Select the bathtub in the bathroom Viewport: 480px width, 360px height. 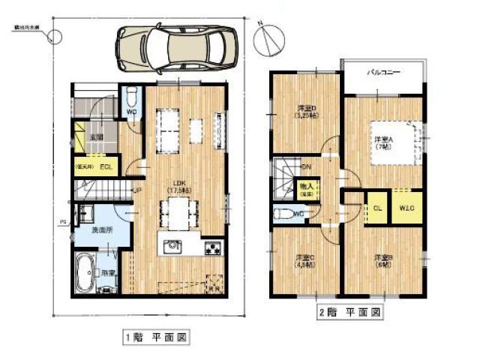(x=85, y=271)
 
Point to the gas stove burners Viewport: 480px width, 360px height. (x=212, y=246)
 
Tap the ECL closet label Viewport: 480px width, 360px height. (x=106, y=166)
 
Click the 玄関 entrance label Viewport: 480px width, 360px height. (x=97, y=137)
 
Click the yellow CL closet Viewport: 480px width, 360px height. (x=377, y=208)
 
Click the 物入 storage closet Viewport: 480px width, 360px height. (x=306, y=187)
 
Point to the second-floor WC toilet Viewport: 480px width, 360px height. (x=286, y=213)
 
